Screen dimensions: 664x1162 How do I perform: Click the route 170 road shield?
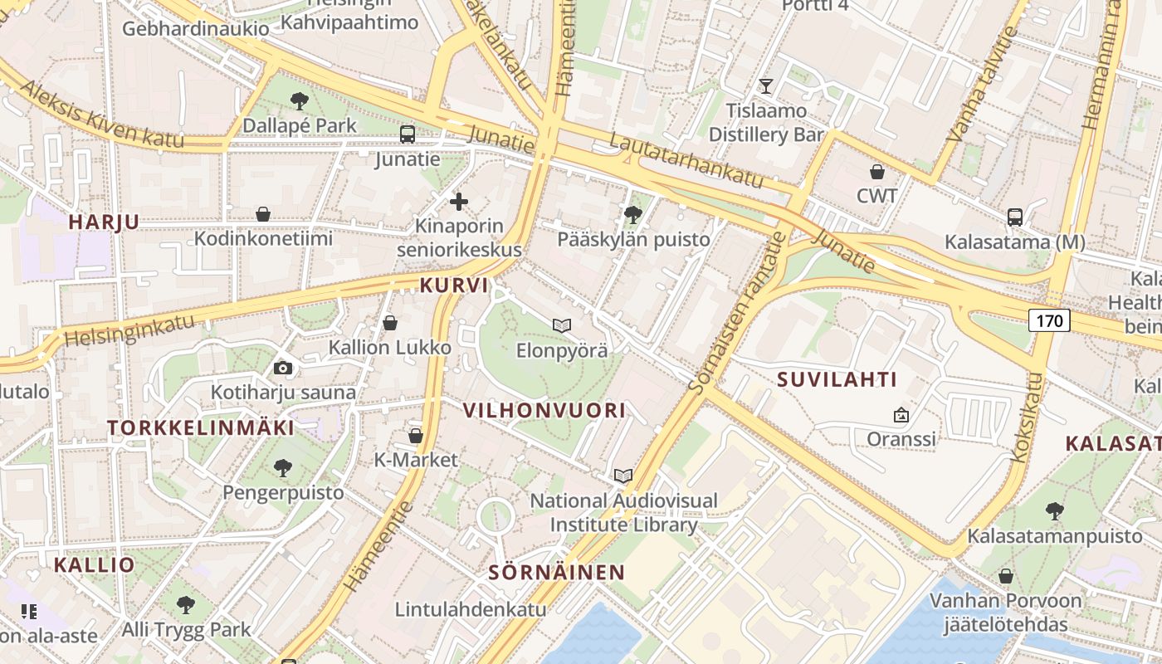[1050, 320]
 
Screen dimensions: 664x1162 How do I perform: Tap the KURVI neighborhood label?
[453, 286]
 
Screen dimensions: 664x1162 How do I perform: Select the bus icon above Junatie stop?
[407, 134]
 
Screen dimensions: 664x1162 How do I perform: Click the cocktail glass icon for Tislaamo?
[766, 85]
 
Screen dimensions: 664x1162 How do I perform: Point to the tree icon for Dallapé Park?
[299, 101]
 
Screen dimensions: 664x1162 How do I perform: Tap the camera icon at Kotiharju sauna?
[283, 368]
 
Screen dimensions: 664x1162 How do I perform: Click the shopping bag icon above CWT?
[877, 172]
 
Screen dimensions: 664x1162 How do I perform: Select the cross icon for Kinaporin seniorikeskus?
[459, 201]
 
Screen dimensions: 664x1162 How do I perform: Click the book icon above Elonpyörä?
[562, 325]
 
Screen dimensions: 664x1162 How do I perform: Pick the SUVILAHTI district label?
[837, 380]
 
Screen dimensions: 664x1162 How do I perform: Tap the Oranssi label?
[901, 438]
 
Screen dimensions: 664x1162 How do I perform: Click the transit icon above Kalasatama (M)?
[1014, 217]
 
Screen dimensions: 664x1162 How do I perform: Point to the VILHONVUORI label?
[544, 410]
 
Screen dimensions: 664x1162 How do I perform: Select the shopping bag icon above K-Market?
[416, 436]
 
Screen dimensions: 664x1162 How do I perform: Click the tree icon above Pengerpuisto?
[283, 467]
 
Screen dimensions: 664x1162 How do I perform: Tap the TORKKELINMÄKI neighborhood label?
[200, 428]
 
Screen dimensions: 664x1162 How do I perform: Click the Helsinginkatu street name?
[129, 330]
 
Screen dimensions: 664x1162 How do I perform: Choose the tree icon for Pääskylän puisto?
[633, 215]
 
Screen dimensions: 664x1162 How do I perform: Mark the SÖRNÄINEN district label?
[556, 572]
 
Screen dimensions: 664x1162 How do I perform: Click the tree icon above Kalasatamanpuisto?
[1054, 510]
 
